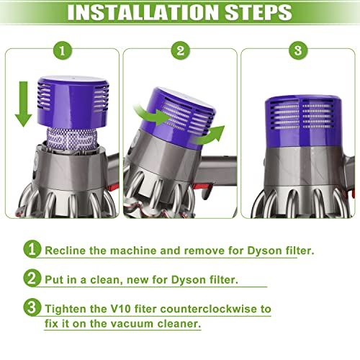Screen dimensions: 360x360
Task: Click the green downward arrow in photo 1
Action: click(x=24, y=104)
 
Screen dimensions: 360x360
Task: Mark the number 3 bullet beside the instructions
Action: click(x=32, y=308)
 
